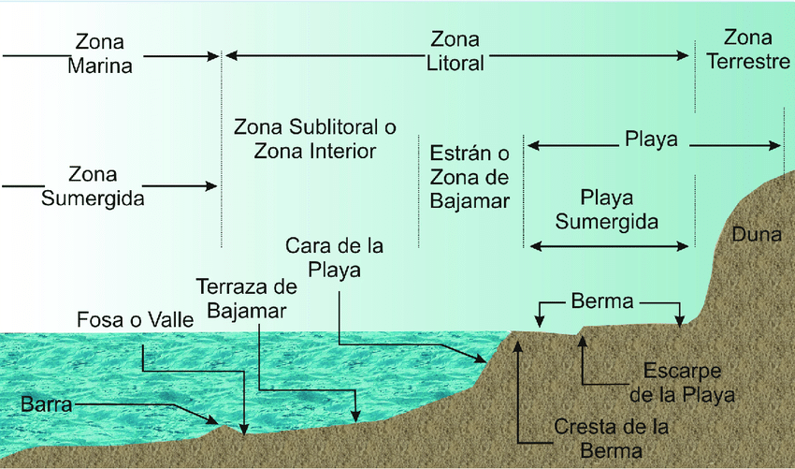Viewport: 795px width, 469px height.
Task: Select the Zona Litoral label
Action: tap(455, 52)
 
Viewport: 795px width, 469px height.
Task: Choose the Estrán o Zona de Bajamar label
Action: tap(470, 175)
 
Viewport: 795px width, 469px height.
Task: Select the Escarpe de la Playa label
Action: tap(682, 381)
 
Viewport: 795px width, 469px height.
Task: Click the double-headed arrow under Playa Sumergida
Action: tap(611, 246)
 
